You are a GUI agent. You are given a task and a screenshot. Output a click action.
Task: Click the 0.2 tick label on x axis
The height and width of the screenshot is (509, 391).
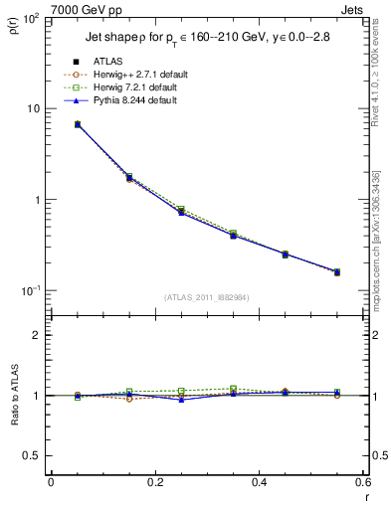pos(155,482)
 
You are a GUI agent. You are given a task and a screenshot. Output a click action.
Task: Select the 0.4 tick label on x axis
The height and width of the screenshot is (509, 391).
pos(260,482)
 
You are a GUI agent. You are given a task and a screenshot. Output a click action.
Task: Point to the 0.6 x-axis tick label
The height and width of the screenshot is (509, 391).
pos(362,482)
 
